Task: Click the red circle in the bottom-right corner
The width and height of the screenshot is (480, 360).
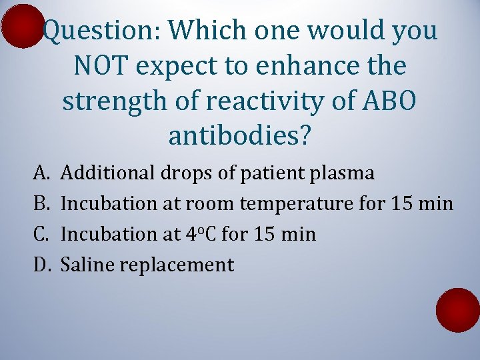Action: [x=457, y=310]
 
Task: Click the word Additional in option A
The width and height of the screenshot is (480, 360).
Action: [x=107, y=173]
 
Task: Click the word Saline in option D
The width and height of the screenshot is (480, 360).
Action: [x=84, y=265]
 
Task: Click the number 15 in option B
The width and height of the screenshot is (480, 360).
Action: [x=405, y=204]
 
